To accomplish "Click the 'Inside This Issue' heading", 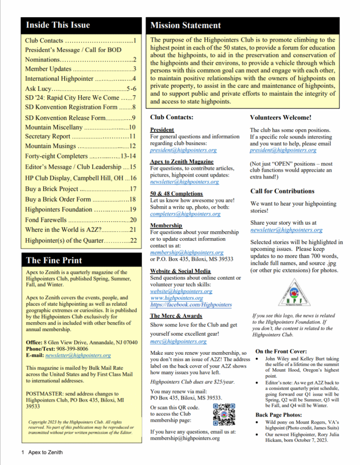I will [x=58, y=25].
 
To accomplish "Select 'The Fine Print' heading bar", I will [x=54, y=260].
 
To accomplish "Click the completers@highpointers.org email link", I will [x=185, y=214].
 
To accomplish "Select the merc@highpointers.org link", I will [x=178, y=341].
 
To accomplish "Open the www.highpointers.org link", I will [x=177, y=298].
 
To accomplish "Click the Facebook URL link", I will [x=191, y=305].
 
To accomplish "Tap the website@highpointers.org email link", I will [x=181, y=291].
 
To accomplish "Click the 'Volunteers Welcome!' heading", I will [x=280, y=117].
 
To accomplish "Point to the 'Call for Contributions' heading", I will [x=282, y=191].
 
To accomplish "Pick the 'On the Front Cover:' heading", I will [x=281, y=351].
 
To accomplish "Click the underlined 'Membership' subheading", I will [x=166, y=225].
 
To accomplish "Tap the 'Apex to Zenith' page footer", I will [x=45, y=452].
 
